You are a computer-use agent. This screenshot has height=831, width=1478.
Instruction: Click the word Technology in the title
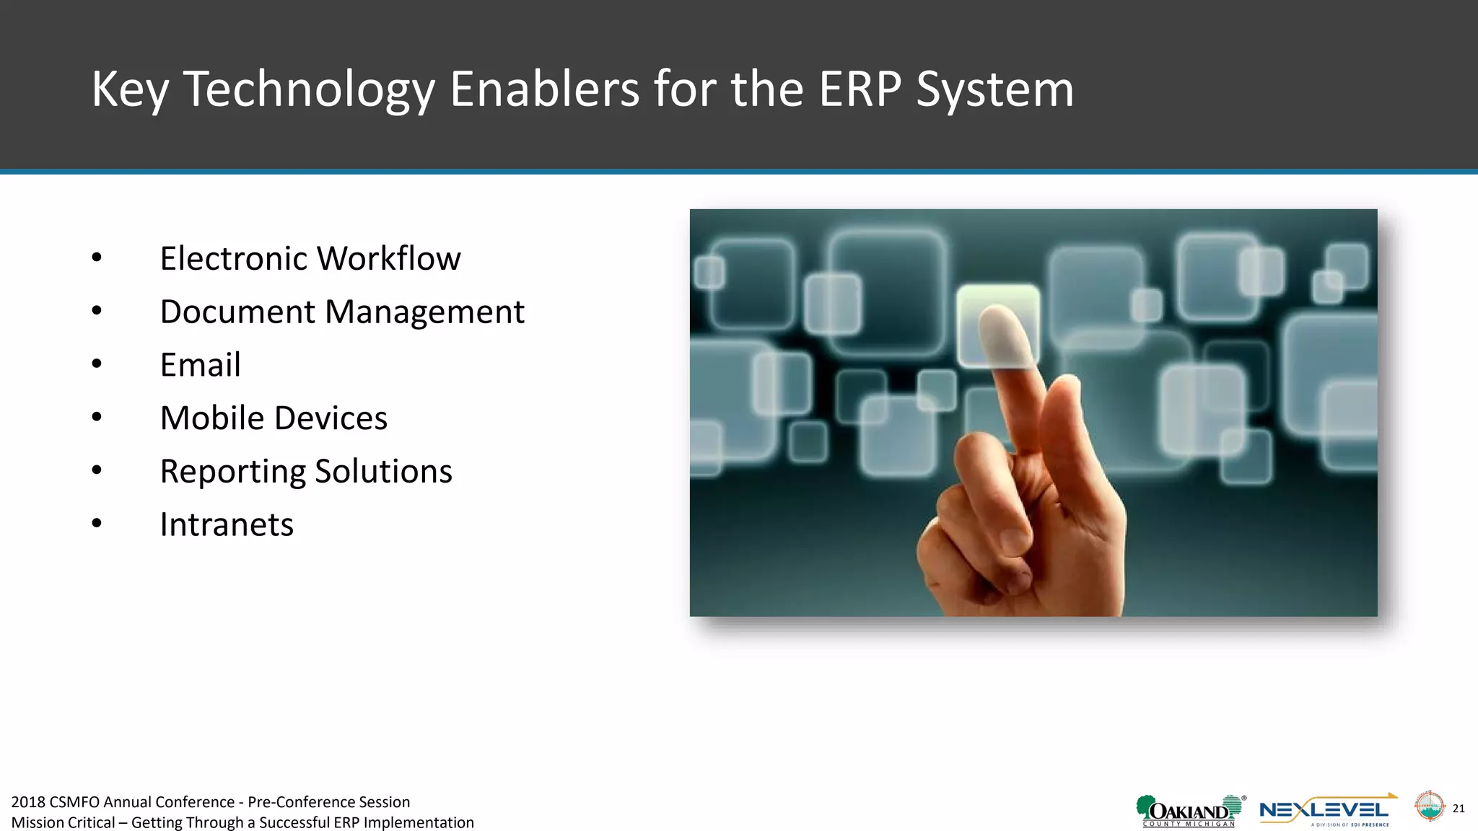pos(309,89)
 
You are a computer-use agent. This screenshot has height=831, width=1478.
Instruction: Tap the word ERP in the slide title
pos(860,89)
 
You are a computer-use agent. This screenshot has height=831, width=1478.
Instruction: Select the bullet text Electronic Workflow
pos(310,258)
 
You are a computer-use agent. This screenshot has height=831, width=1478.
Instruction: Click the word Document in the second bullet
pos(237,312)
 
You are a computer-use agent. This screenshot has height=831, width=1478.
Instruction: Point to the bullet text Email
pos(200,365)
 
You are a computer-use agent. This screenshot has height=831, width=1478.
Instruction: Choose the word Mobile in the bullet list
pos(211,418)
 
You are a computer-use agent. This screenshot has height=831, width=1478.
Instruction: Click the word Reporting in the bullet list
pos(232,472)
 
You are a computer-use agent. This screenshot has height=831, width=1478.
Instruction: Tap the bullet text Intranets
pos(227,524)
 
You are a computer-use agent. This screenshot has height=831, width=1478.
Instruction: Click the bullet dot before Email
pos(97,364)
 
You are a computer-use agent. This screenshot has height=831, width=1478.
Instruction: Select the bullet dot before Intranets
pos(97,524)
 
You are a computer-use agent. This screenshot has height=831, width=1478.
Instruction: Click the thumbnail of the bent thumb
pos(1014,540)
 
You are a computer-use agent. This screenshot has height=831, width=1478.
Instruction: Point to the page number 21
pos(1459,808)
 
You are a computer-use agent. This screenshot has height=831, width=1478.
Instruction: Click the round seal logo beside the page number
pos(1429,806)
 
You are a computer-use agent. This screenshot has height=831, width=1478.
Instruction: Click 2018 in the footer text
pos(28,802)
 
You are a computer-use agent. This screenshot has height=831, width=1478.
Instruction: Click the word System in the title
pos(994,89)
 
